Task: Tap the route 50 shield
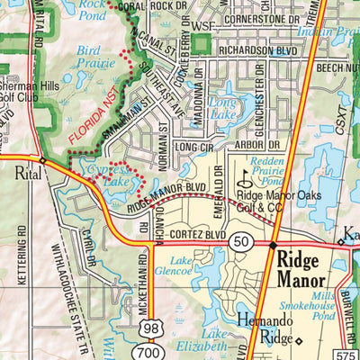[239, 243]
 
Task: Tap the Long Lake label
[223, 116]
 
